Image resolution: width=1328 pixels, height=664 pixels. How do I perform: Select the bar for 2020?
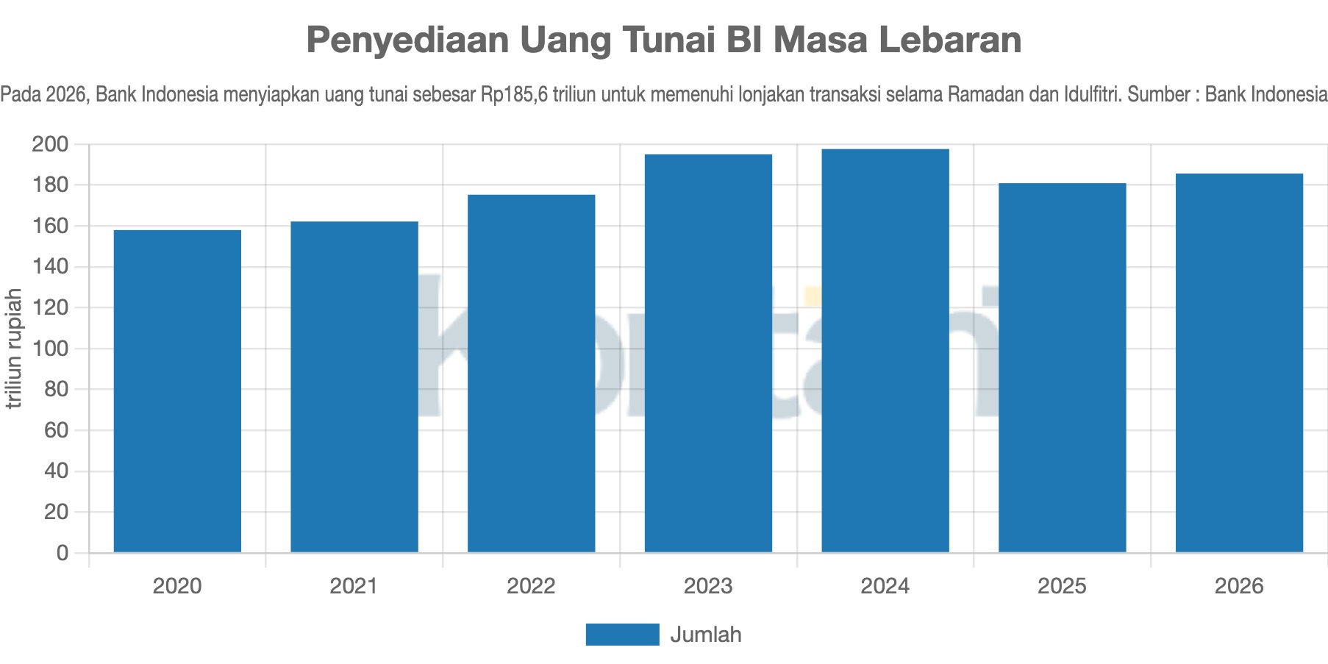point(177,391)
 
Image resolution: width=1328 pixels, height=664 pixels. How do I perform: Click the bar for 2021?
point(354,387)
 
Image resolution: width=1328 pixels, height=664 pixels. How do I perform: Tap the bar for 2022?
point(532,374)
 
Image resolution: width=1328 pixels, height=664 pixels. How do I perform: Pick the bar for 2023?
point(708,353)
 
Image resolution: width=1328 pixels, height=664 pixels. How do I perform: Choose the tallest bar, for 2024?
point(885,351)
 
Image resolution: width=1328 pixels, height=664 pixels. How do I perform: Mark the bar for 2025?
point(1063,368)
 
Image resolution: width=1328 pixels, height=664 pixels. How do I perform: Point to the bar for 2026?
point(1239,363)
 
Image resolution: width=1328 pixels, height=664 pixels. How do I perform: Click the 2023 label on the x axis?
point(708,586)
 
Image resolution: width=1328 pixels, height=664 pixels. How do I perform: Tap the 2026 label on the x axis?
point(1239,586)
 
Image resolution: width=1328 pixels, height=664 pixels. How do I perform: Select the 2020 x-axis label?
point(177,586)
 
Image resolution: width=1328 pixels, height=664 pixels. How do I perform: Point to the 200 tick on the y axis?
point(49,144)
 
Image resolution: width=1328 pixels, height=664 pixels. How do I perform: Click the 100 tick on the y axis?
point(49,349)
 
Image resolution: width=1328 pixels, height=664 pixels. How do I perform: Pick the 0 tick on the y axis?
point(62,553)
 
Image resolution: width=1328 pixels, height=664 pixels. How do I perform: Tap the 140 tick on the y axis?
point(49,267)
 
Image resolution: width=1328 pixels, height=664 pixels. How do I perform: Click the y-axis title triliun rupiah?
point(13,349)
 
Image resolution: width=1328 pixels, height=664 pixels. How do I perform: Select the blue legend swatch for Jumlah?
point(622,635)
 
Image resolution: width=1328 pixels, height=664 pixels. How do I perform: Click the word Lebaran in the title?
point(951,40)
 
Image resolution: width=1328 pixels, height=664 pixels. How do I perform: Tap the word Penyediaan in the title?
point(407,40)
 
